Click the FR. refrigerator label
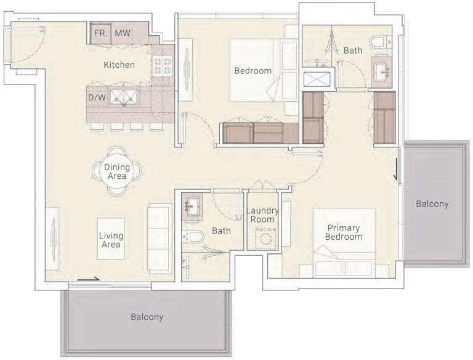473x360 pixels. coord(100,33)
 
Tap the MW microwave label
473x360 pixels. coord(123,33)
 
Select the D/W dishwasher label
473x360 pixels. coord(97,97)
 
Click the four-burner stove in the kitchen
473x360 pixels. coord(163,67)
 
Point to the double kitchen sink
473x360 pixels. coord(124,97)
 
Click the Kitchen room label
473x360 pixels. coord(119,65)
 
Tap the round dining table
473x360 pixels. coord(117,171)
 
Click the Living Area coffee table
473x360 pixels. coord(111,239)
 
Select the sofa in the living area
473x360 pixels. coord(159,239)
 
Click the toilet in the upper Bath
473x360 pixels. coord(378,43)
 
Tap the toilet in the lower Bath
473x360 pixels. coord(193,237)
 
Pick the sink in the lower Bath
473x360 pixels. coord(193,207)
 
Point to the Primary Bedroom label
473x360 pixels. coord(344,232)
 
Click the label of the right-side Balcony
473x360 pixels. coord(432,204)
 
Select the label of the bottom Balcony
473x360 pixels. coord(147,317)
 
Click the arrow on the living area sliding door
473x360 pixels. coord(89,279)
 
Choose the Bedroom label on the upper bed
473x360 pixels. coord(253,71)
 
